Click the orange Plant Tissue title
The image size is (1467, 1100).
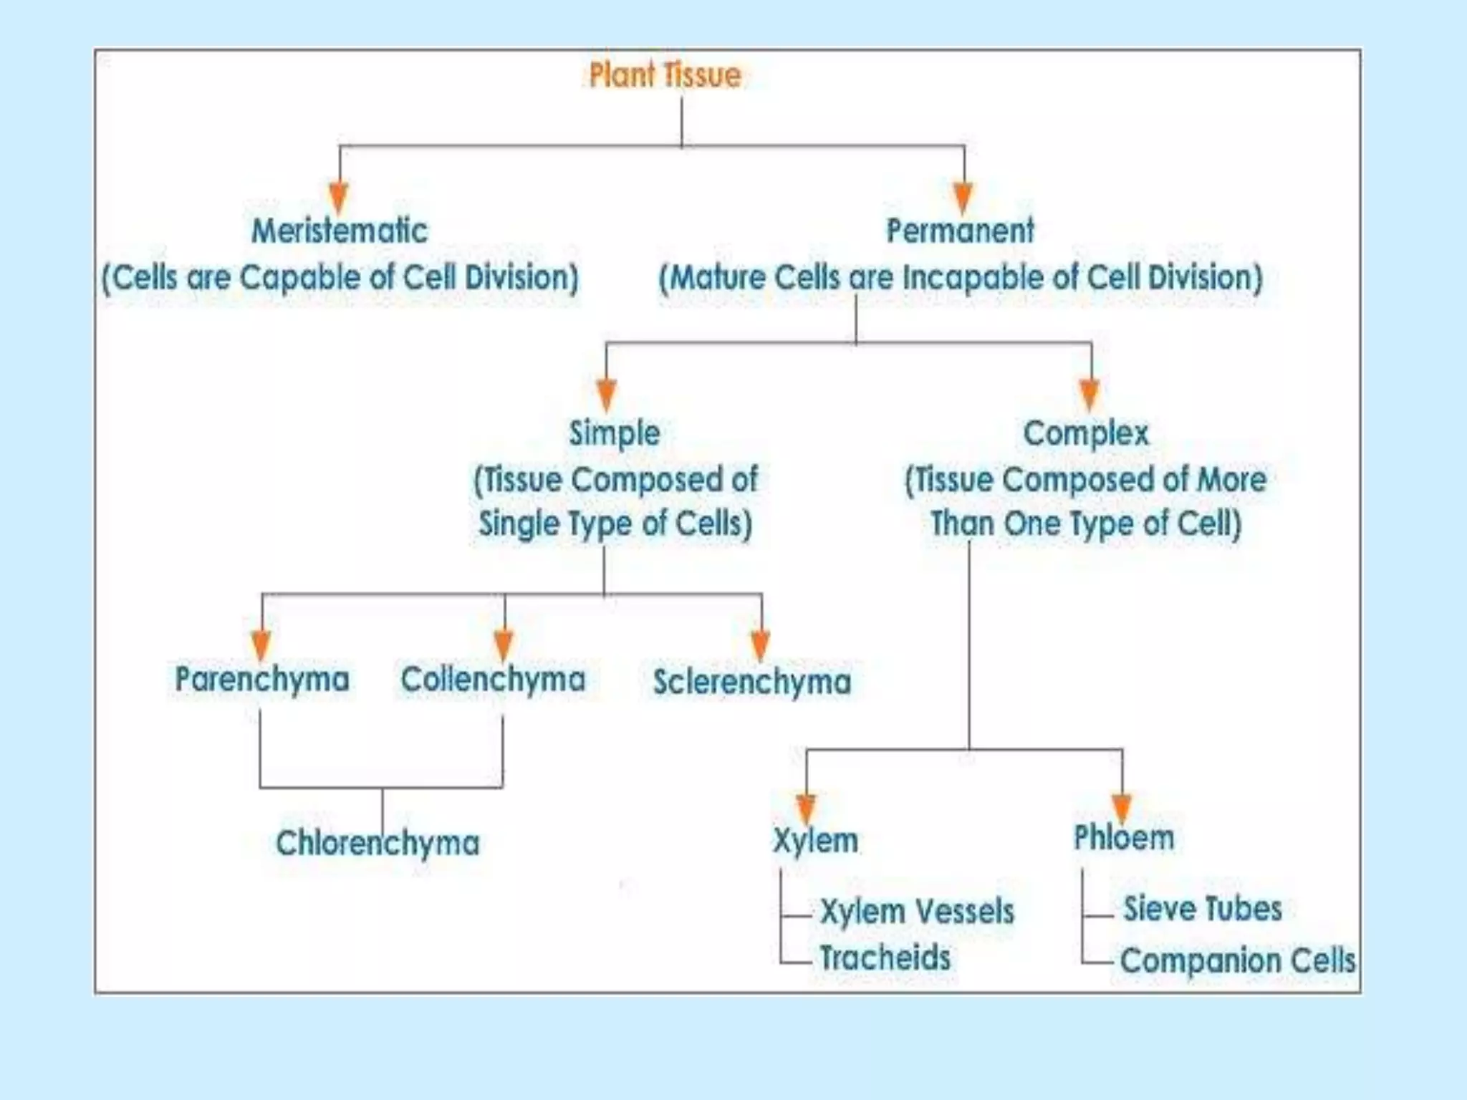tap(665, 75)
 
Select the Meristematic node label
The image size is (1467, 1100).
tap(340, 231)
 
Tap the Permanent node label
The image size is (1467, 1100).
tap(960, 231)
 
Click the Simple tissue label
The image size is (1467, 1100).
tap(615, 433)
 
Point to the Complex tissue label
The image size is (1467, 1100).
tap(1086, 433)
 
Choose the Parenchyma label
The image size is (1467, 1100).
tap(262, 679)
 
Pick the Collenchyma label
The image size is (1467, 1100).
tap(493, 679)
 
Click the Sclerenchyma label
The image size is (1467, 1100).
tap(752, 681)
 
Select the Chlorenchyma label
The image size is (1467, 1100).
tap(377, 843)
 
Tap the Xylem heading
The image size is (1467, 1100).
tap(815, 840)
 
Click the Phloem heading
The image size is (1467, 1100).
tap(1124, 838)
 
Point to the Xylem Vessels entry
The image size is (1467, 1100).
tap(917, 912)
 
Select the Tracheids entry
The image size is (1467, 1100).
tap(885, 958)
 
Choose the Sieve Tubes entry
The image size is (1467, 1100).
tap(1202, 909)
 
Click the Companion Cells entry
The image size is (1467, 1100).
tap(1238, 960)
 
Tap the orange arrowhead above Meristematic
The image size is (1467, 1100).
tap(339, 197)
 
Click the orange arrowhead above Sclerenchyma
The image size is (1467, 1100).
tap(761, 645)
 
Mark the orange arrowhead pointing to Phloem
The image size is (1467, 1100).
tap(1122, 808)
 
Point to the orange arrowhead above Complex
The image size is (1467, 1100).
tap(1090, 394)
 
